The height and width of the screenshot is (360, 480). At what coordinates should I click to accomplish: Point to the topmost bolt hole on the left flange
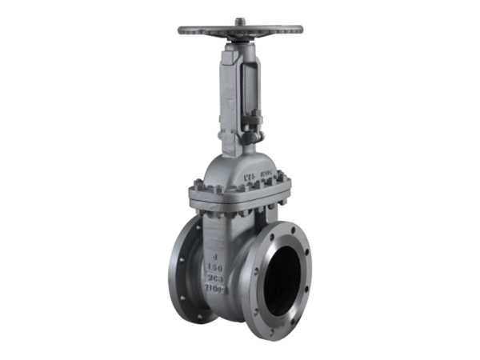[x=192, y=232]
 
